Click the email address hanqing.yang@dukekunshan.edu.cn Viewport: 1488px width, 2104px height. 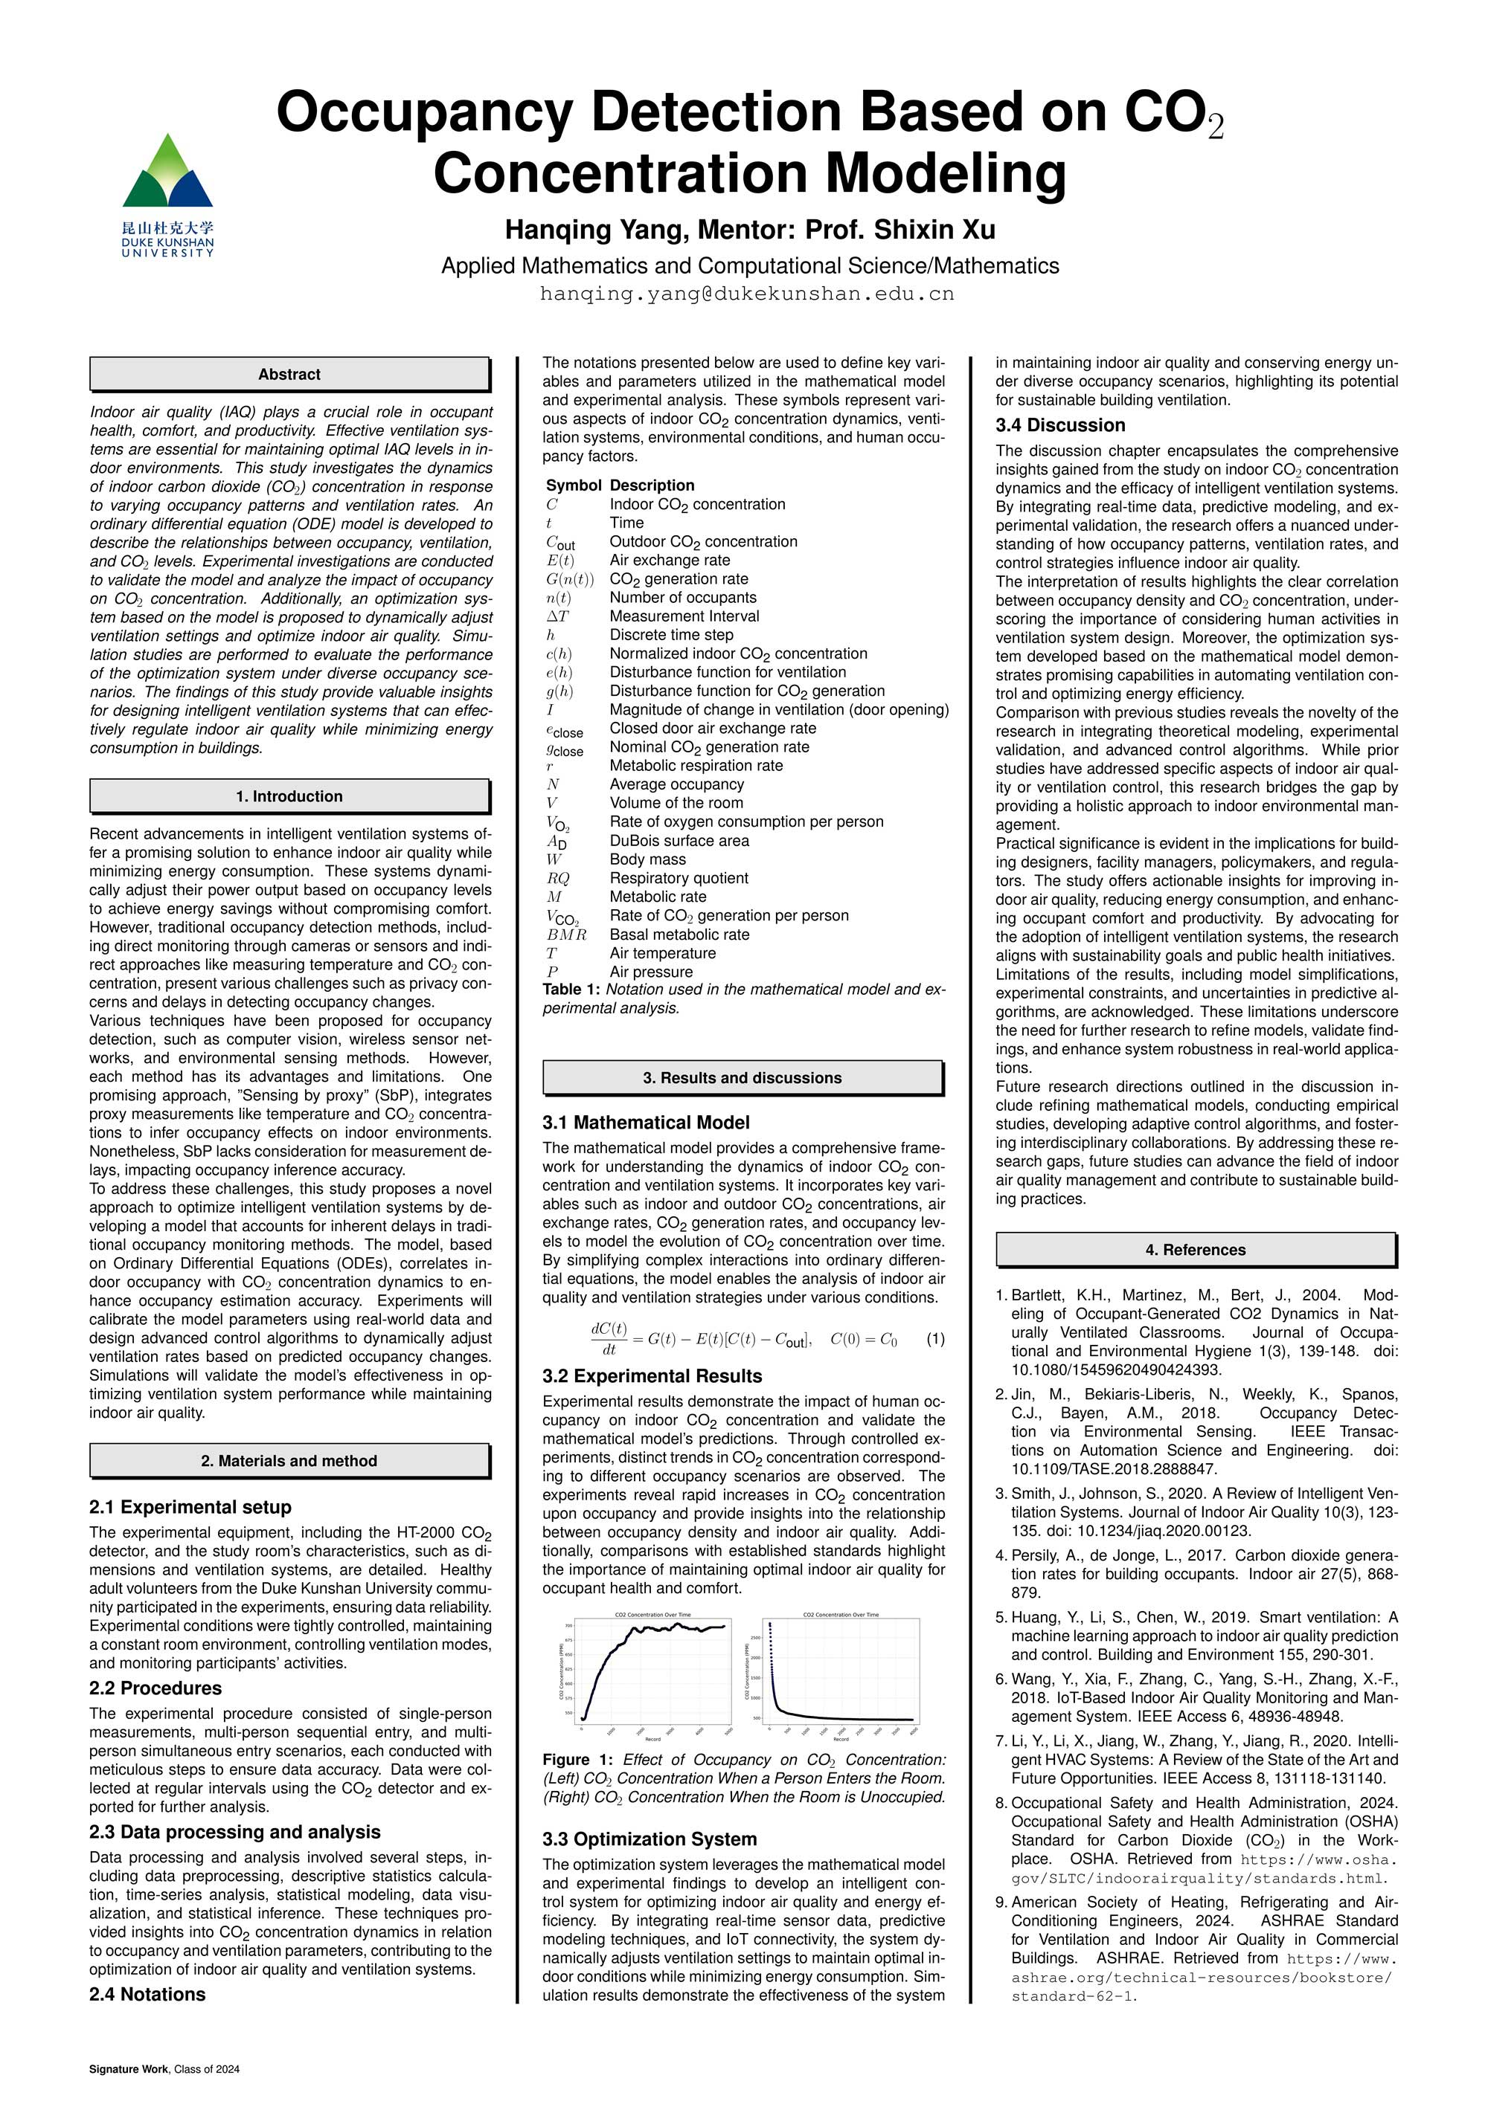coord(746,294)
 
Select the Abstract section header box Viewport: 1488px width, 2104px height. coord(289,374)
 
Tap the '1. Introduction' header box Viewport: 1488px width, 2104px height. coord(289,796)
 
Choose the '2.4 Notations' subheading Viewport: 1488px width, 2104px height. coord(147,1994)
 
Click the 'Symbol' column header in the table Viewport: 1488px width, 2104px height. coord(573,485)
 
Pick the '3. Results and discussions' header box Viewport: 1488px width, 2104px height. coord(742,1078)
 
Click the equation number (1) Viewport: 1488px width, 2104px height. coord(935,1339)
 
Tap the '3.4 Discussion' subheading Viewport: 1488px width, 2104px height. coord(1060,425)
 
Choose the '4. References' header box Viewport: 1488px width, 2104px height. coord(1195,1250)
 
